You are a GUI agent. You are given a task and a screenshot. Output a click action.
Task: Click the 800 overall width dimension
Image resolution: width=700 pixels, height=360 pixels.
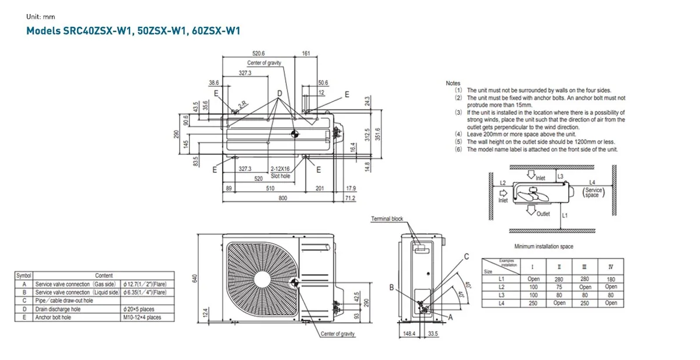282,199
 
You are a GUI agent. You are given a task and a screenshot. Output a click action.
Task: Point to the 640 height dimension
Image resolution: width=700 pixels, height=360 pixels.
195,279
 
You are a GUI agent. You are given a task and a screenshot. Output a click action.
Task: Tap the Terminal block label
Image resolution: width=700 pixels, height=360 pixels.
387,219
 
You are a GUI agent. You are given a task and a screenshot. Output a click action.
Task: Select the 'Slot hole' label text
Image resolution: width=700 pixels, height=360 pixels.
280,176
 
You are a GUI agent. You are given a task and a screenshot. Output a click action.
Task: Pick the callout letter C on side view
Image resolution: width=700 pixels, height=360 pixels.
467,257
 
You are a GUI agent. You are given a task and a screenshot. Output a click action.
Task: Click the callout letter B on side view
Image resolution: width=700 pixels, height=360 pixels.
391,287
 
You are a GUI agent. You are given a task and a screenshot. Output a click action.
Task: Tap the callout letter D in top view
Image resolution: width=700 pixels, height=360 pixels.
279,93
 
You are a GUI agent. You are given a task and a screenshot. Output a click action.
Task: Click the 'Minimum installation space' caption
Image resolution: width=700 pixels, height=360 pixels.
544,247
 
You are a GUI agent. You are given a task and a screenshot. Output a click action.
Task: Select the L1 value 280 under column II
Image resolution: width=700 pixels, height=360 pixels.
559,279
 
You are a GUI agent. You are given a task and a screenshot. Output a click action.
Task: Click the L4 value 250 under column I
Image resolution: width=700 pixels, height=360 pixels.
533,303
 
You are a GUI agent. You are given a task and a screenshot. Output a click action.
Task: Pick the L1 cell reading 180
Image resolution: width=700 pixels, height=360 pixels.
611,279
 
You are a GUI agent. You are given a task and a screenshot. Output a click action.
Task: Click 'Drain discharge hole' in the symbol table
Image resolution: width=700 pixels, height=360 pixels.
58,309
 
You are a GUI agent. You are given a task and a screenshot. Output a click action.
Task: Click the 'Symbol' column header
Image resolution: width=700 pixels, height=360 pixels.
24,275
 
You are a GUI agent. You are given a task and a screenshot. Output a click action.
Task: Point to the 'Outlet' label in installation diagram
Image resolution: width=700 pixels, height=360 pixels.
543,214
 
